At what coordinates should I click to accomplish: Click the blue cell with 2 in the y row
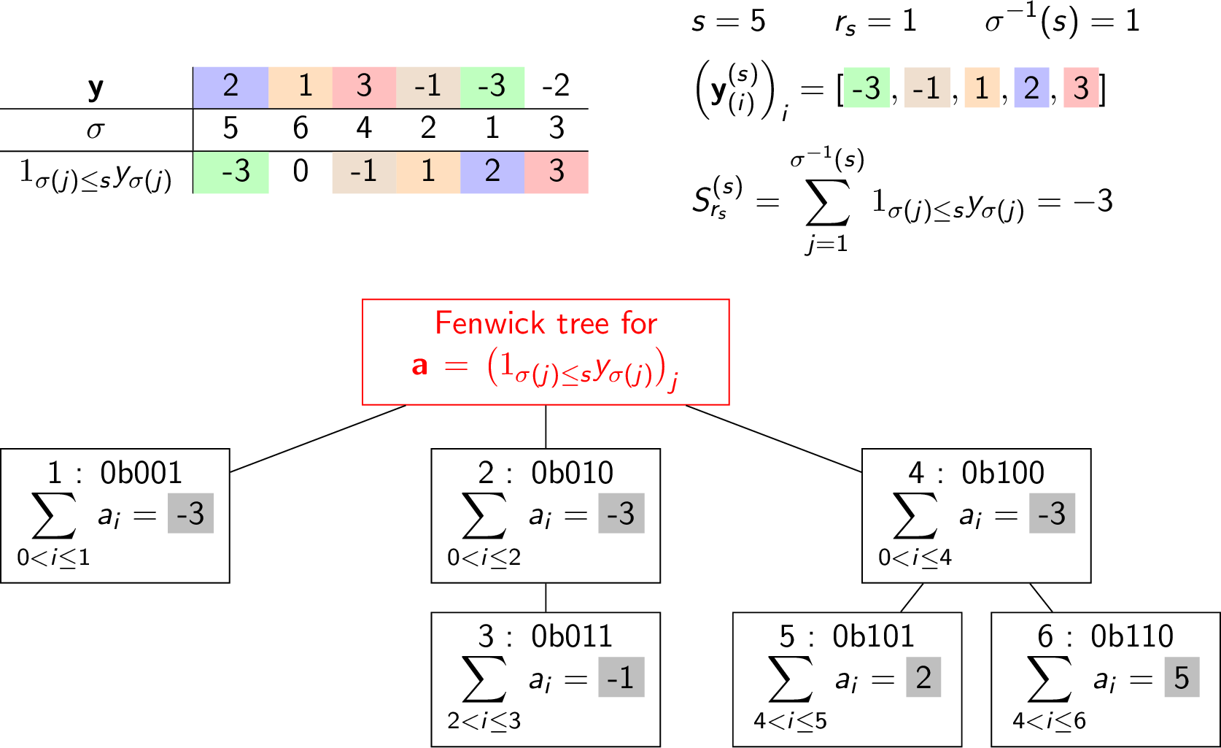point(230,88)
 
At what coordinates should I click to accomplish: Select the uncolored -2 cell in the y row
point(556,88)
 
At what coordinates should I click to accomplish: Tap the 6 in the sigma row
point(301,128)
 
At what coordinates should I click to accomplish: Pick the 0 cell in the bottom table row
point(301,171)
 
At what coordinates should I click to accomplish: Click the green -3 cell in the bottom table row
point(230,171)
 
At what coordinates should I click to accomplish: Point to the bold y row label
point(96,88)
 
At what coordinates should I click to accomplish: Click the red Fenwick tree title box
point(546,352)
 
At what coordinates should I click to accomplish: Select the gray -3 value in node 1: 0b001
point(190,514)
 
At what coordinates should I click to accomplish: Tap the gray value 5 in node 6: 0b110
point(1182,677)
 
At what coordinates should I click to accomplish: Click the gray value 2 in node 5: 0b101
point(923,677)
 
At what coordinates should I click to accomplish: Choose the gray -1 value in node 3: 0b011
point(621,677)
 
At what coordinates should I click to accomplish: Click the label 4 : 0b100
point(976,473)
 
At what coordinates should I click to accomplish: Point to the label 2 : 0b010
point(545,473)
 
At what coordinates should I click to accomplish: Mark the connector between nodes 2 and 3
point(546,598)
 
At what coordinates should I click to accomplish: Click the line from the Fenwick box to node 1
point(318,439)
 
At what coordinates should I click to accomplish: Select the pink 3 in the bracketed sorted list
point(1081,88)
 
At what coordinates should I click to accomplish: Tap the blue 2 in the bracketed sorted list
point(1031,88)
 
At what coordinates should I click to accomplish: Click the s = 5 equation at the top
point(728,22)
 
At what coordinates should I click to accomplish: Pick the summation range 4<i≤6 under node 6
point(1049,721)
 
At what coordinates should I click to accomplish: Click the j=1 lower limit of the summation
point(827,244)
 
